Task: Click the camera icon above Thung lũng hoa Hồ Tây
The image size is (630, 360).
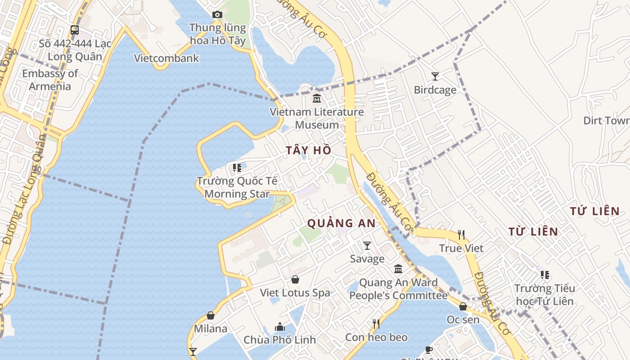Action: pos(217,15)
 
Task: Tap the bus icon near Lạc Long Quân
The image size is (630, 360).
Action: pos(75,30)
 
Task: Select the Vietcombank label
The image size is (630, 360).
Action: pos(166,58)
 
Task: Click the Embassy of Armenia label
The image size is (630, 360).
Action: pos(50,80)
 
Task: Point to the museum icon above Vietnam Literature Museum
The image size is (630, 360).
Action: pos(317,98)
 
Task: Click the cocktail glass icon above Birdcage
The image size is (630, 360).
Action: pos(435,76)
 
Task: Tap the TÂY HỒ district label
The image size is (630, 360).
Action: pos(309,150)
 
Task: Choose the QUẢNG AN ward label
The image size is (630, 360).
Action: pos(341,223)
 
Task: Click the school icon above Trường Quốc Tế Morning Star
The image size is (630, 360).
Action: pos(237,168)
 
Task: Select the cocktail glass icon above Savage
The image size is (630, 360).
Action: pos(367,246)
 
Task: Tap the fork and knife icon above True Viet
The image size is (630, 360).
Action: pos(461,235)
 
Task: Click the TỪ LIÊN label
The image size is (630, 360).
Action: pos(533,232)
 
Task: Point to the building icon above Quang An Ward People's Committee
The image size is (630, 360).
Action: pos(398,269)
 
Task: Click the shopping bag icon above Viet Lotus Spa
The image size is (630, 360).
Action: pos(295,280)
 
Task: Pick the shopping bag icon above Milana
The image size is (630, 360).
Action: pos(210,315)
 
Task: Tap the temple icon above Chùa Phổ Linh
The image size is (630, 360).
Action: pos(280,327)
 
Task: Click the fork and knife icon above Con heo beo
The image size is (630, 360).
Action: pos(376,324)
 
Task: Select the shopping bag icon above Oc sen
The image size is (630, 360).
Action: pos(463,306)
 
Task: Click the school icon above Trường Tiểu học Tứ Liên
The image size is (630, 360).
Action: pos(544,274)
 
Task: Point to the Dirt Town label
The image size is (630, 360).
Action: pos(606,121)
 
